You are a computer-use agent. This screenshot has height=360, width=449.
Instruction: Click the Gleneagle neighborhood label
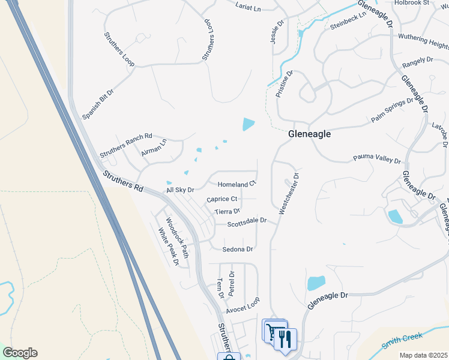tap(310, 134)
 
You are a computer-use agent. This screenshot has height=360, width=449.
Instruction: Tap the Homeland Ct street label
tap(237, 184)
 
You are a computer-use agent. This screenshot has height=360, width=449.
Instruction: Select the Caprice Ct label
tap(222, 199)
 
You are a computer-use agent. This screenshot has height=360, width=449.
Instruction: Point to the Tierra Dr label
tap(228, 211)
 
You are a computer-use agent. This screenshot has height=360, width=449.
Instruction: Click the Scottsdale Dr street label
tap(247, 222)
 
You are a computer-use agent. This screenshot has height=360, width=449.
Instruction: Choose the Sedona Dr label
tap(238, 249)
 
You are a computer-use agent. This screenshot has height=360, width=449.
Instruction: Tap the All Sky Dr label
tap(180, 190)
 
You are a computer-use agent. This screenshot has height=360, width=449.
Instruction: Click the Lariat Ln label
tap(249, 9)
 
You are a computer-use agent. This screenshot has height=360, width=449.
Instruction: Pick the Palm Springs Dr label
tap(393, 110)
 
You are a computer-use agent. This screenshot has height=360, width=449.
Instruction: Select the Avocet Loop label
tap(243, 305)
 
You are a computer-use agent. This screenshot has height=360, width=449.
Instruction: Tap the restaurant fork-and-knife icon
tap(286, 338)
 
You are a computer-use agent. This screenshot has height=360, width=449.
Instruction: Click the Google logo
tap(20, 353)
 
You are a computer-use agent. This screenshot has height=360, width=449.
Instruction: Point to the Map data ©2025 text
tap(423, 355)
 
